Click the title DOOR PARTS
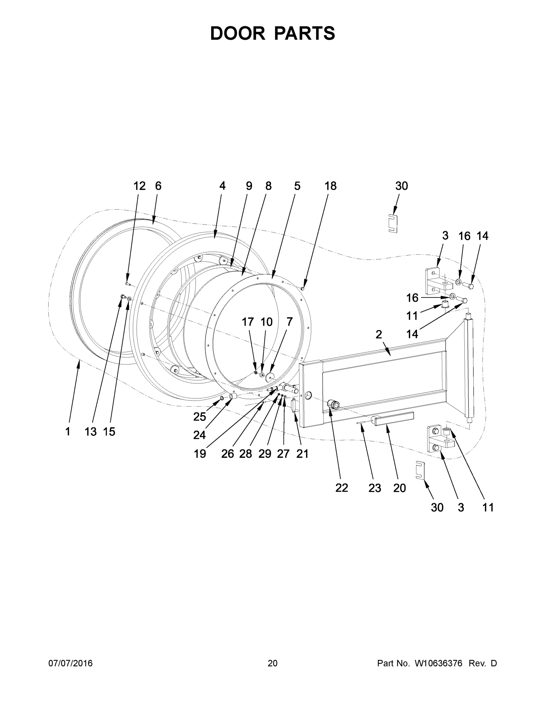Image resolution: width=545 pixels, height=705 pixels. click(x=273, y=33)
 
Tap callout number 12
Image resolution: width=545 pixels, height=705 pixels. click(x=140, y=186)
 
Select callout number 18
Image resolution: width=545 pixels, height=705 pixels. click(x=330, y=186)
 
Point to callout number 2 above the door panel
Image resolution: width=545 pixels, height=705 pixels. click(x=379, y=334)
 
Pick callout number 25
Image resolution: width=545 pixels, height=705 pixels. click(x=199, y=417)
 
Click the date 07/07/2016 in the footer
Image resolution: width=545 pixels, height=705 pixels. click(x=71, y=663)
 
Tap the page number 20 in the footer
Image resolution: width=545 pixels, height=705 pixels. click(x=273, y=663)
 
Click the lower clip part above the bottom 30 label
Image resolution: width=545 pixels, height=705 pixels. click(x=420, y=470)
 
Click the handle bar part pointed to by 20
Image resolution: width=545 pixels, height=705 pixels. click(x=392, y=419)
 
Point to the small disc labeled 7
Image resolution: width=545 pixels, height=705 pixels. click(x=270, y=376)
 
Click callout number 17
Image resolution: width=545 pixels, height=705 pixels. click(x=248, y=322)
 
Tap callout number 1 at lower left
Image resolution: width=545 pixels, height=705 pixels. click(x=68, y=431)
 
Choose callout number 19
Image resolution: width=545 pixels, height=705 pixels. click(x=200, y=454)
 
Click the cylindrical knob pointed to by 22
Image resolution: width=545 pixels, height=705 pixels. click(x=333, y=404)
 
